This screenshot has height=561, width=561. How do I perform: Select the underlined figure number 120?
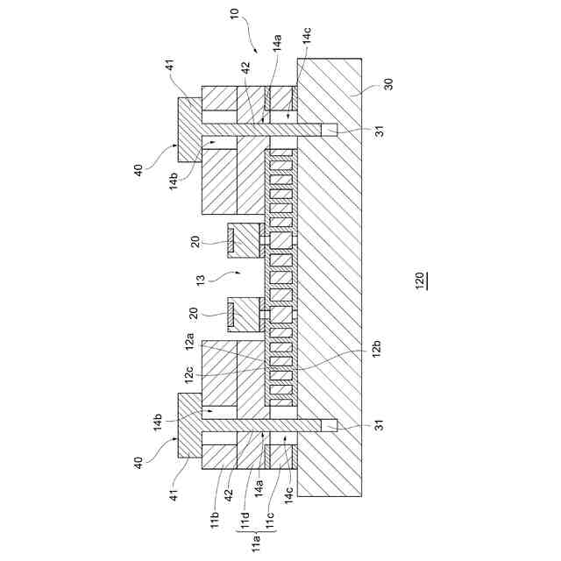pyautogui.click(x=420, y=280)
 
